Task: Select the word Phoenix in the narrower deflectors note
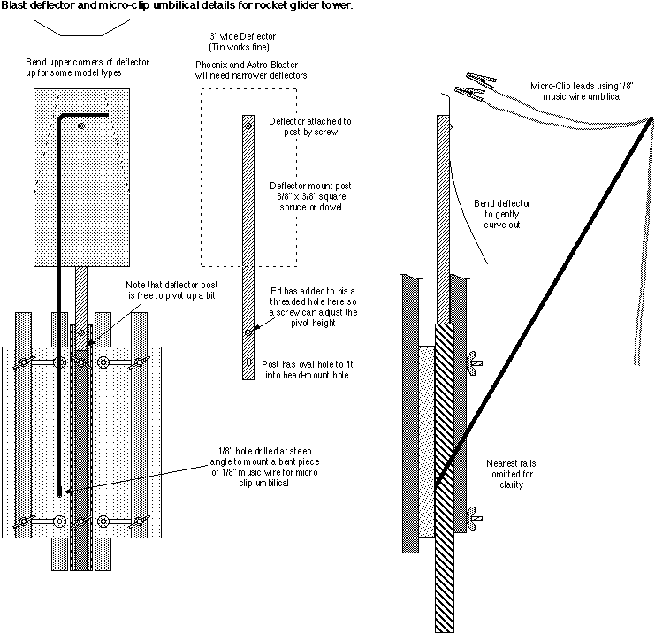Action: pos(213,65)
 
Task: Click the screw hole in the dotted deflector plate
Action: pos(80,126)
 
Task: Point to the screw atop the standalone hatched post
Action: pos(248,123)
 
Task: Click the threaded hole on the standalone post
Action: pos(248,332)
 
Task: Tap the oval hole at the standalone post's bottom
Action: pos(248,362)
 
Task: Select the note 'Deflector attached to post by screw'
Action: pos(304,126)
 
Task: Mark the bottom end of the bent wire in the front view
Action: pos(59,492)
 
